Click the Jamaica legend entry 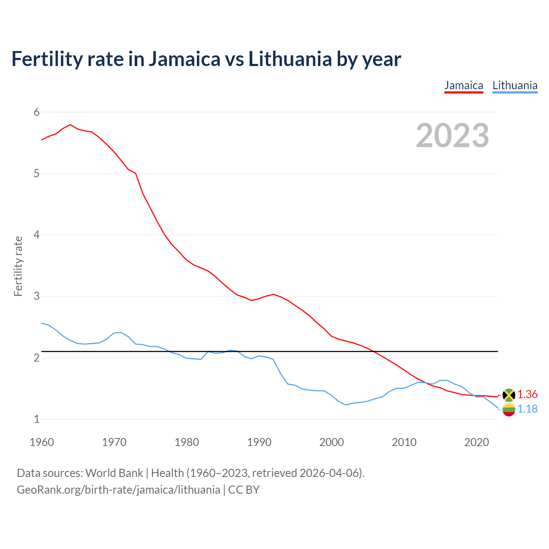click(464, 85)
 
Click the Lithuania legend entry click(515, 85)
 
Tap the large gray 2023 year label click(452, 136)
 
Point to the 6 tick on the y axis click(36, 112)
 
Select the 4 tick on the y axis click(36, 235)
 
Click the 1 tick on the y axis click(36, 419)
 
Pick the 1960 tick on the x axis click(42, 442)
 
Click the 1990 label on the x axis click(259, 442)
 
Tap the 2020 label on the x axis click(477, 442)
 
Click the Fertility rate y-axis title click(18, 266)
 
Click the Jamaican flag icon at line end click(509, 395)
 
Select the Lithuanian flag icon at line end click(509, 410)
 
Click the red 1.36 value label click(527, 395)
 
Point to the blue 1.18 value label click(527, 409)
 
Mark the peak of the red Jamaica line click(70, 125)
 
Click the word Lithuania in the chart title click(290, 59)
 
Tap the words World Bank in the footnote click(114, 473)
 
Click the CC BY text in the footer click(244, 490)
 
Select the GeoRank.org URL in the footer click(118, 490)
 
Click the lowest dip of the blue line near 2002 click(346, 405)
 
